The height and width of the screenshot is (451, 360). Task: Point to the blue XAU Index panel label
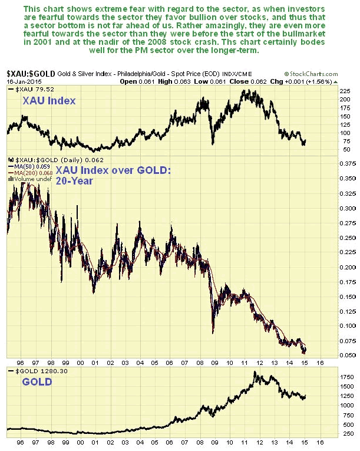50,101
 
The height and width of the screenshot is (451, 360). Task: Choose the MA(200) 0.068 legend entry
27,172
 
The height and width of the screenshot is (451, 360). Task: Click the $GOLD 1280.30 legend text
35,370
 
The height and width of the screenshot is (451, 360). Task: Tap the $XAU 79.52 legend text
32,88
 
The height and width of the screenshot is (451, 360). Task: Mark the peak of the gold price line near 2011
256,372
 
